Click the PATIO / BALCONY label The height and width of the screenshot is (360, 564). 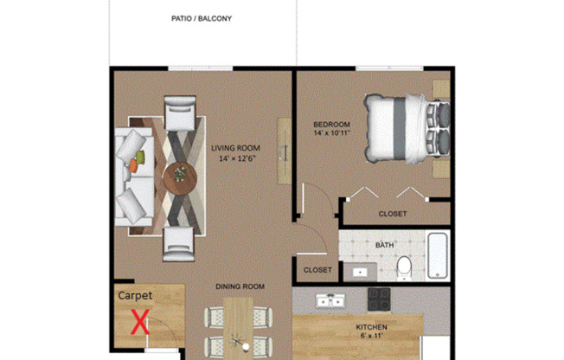pos(202,18)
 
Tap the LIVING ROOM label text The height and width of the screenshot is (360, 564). pos(235,147)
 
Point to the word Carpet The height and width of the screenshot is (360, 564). pos(134,295)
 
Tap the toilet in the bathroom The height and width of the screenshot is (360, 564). pos(404,270)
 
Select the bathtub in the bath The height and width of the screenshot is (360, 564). pos(438,256)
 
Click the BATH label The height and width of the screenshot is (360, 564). pos(384,245)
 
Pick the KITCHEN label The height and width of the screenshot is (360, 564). pos(372,327)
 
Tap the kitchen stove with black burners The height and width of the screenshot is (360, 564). pos(380,298)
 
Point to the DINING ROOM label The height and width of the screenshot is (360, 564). pos(240,286)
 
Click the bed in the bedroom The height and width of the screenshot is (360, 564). pos(405,126)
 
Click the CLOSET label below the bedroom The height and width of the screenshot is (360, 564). pos(393,214)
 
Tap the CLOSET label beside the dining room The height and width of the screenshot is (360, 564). pos(317,270)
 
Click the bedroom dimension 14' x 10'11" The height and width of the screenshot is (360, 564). pos(331,135)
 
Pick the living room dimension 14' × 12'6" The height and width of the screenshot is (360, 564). pos(235,158)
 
